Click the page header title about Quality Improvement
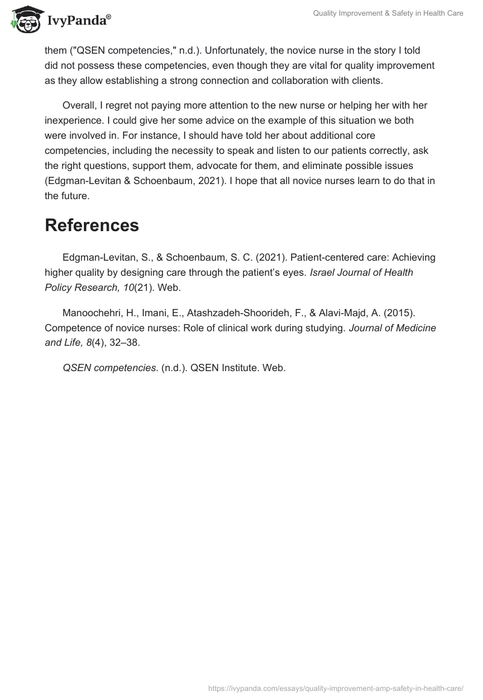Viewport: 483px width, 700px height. coord(388,14)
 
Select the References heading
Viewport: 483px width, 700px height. coord(92,225)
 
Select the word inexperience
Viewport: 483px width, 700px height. coord(74,120)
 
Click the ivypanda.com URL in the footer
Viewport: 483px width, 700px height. coord(335,688)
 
